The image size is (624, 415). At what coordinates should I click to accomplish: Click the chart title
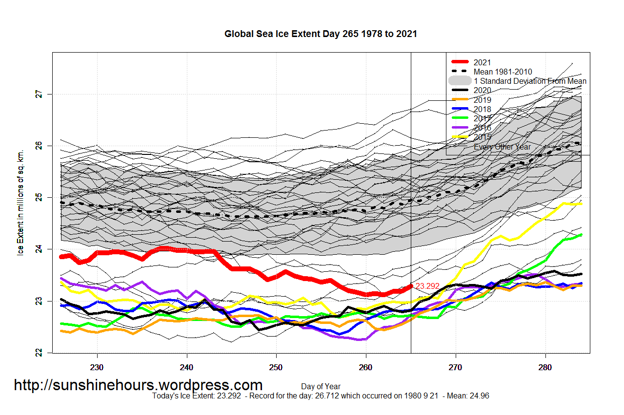click(321, 34)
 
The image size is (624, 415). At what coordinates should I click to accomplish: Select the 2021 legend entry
click(482, 62)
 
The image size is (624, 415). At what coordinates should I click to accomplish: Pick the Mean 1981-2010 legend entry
click(503, 72)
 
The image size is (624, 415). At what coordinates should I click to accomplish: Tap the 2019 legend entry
click(482, 100)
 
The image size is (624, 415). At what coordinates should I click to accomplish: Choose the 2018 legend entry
click(482, 109)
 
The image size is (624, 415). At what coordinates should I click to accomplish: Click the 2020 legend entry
click(482, 91)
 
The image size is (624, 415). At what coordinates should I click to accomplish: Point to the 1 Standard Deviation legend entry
click(530, 81)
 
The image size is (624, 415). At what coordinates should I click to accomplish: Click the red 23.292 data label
click(427, 286)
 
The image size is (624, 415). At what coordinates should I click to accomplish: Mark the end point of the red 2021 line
click(411, 286)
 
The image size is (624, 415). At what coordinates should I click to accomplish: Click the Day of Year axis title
click(321, 387)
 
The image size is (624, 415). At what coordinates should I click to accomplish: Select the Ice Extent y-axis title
click(20, 203)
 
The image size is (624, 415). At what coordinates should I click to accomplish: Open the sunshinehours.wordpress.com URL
click(138, 385)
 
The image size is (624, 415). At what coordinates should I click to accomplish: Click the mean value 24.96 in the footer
click(479, 396)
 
